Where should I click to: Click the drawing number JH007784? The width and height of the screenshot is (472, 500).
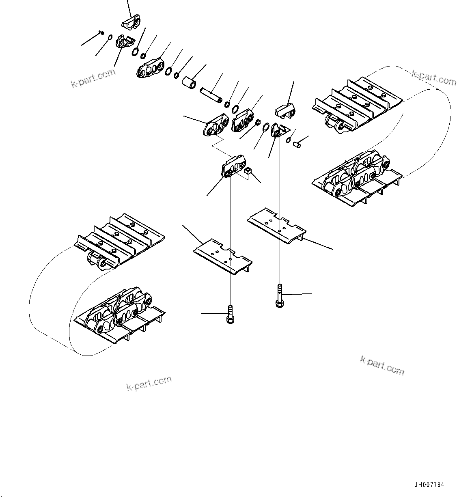click(x=429, y=485)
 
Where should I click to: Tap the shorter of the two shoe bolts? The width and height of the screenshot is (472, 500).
click(x=230, y=314)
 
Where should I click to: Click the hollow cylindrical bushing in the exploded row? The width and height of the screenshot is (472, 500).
click(x=189, y=83)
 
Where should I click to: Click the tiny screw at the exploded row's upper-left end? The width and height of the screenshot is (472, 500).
click(x=102, y=32)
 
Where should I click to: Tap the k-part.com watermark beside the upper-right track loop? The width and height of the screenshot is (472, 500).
click(x=433, y=78)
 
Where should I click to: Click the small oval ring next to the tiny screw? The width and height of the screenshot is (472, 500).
click(x=110, y=38)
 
